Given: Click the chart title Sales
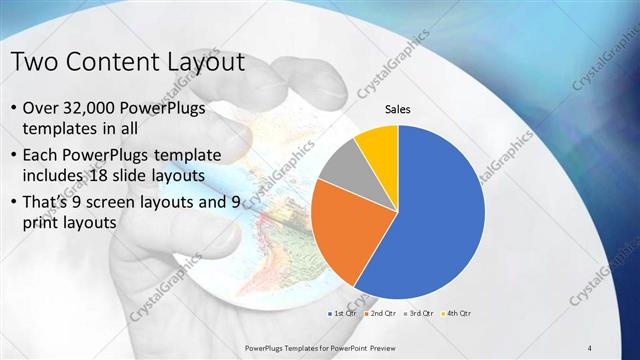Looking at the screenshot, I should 398,110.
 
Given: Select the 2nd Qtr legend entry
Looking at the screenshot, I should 378,313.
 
